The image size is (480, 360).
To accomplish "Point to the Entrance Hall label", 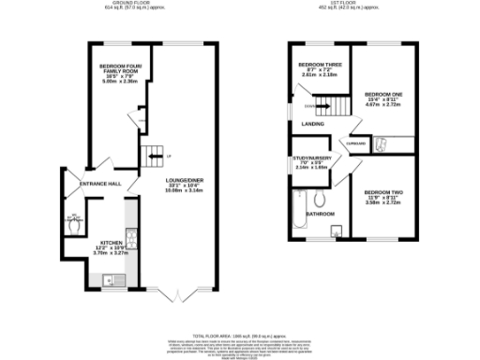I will pyautogui.click(x=100, y=184).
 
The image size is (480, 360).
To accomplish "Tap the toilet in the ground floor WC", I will pyautogui.click(x=75, y=223).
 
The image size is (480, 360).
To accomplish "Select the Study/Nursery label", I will pyautogui.click(x=314, y=163).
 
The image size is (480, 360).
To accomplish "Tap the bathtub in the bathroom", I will pyautogui.click(x=299, y=208).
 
